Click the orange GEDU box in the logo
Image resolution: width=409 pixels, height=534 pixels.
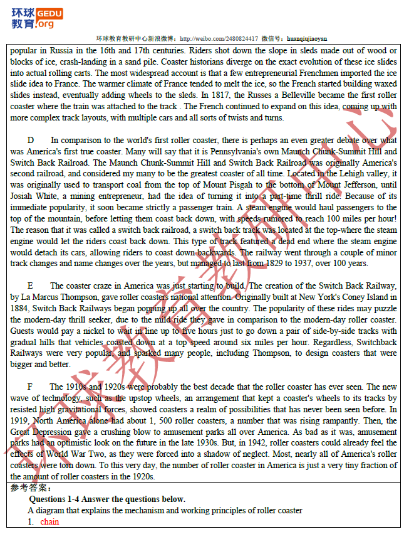(x=49, y=12)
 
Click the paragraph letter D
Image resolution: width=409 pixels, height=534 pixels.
(x=31, y=140)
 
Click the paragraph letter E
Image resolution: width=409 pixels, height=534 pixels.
(x=31, y=286)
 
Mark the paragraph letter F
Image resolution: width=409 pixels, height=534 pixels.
(x=30, y=387)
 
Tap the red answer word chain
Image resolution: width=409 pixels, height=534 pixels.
(x=49, y=521)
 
